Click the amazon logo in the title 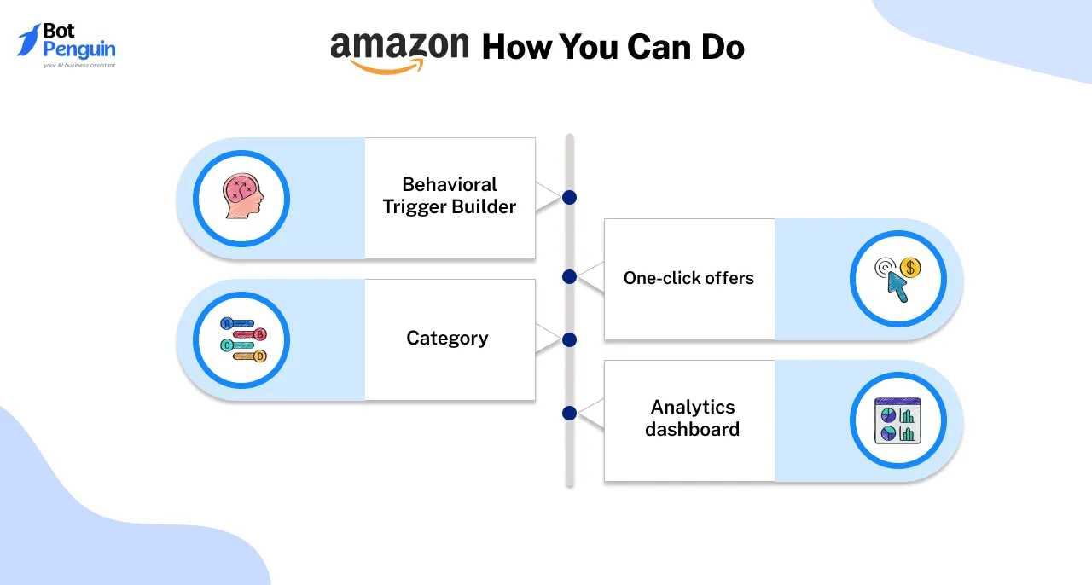point(399,49)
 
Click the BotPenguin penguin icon point(28,40)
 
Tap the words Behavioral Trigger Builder point(450,195)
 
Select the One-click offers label point(688,278)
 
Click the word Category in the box point(447,338)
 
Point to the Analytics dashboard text point(692,418)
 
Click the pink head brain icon point(242,198)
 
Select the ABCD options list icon point(242,339)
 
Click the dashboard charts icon point(897,420)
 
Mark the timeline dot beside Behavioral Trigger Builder point(569,197)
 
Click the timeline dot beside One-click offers point(570,276)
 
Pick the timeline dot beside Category point(569,339)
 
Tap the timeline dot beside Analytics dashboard point(570,414)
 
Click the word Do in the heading point(723,48)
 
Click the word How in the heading point(515,48)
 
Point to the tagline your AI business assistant point(79,65)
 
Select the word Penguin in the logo point(78,49)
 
